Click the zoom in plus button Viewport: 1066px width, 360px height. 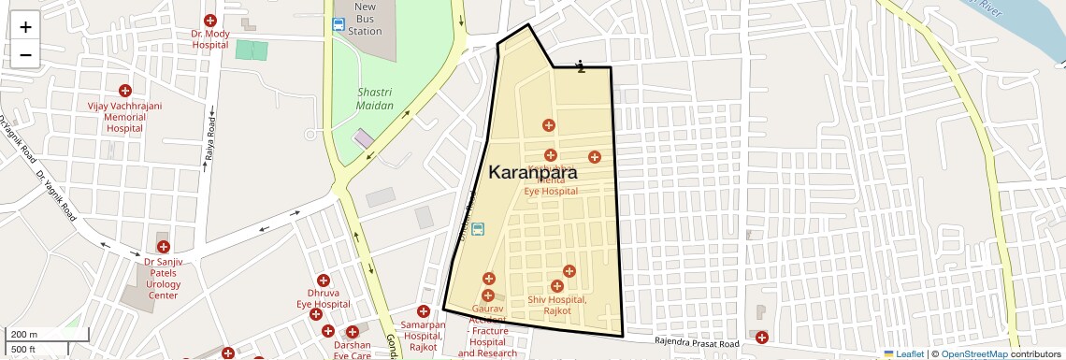[x=25, y=26]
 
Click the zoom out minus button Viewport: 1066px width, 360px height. [x=25, y=54]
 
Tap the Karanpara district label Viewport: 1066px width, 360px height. [x=532, y=173]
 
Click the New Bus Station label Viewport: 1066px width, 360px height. [x=365, y=19]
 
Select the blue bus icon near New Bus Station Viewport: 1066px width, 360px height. [x=338, y=25]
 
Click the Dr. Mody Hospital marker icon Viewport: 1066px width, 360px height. [x=210, y=21]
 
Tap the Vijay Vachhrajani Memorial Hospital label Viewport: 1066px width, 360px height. [x=124, y=117]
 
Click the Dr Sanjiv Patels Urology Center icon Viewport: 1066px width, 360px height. [x=164, y=247]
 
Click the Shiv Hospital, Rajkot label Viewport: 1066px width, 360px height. [x=556, y=305]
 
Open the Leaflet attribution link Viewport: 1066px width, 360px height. [x=903, y=353]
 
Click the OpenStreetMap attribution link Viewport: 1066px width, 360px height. [x=973, y=353]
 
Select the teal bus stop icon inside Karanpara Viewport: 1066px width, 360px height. [x=478, y=229]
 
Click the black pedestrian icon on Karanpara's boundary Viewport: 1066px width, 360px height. [x=581, y=65]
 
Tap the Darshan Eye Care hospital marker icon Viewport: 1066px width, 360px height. [x=353, y=332]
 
